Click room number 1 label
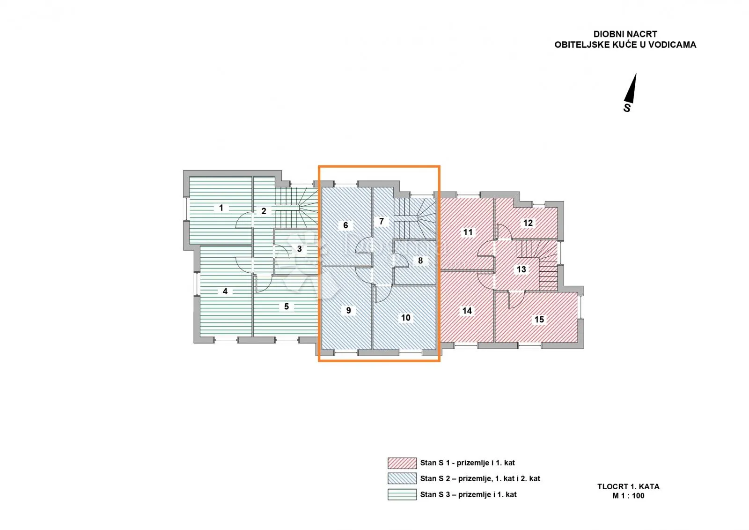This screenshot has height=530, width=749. pos(221,208)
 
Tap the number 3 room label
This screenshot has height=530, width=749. pos(300,249)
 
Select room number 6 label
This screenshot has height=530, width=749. pos(346,225)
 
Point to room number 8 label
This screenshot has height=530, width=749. pos(420,261)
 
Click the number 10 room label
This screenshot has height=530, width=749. pos(405,318)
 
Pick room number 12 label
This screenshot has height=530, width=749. pos(528,223)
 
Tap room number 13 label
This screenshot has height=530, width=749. pos(521,269)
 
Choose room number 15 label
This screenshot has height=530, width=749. pos(539,320)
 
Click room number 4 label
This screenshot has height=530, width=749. pos(225,291)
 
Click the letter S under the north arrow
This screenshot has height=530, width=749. pos(627,108)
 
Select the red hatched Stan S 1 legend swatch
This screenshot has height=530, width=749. pos(402,463)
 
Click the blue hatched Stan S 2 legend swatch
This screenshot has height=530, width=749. pos(402,478)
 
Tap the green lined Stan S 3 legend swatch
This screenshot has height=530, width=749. pos(402,494)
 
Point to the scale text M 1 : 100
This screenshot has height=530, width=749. pos(628,496)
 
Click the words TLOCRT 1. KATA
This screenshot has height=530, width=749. pos(628,487)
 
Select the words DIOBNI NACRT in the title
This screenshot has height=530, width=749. pos(625,34)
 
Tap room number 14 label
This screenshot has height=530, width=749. pos(467,311)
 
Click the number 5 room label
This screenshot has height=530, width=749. pos(286,306)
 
